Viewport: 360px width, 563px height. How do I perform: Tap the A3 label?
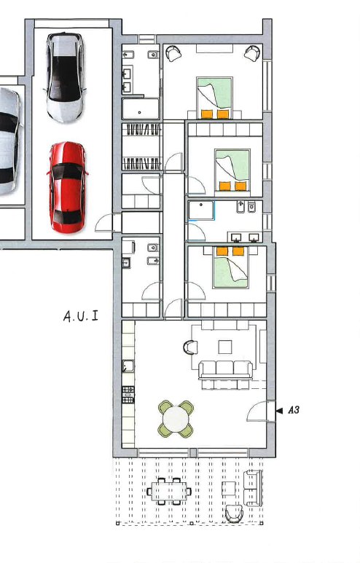coord(294,411)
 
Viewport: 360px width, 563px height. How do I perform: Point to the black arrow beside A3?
coord(279,411)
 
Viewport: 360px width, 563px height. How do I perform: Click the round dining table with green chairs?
coord(176,420)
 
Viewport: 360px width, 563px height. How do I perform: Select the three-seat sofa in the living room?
coord(225,369)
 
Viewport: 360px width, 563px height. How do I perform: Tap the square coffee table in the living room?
coord(225,347)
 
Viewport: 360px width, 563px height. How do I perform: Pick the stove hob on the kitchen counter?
coord(128,394)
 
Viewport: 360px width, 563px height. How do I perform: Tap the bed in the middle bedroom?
coord(232,169)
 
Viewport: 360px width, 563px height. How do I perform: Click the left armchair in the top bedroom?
coord(173,52)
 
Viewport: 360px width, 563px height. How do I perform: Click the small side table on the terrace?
coord(230,487)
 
